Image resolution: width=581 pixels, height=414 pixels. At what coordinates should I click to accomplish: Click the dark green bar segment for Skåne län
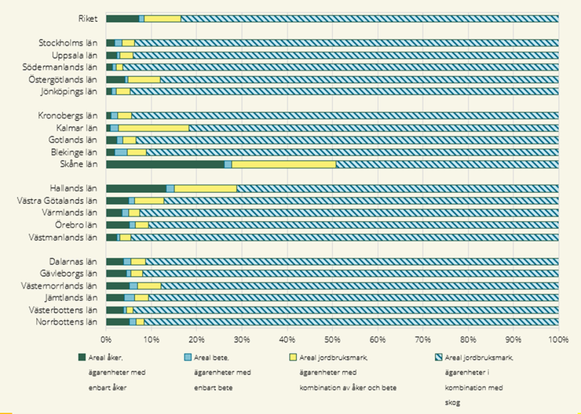point(165,165)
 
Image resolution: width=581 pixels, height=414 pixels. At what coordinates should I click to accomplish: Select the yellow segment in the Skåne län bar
point(284,165)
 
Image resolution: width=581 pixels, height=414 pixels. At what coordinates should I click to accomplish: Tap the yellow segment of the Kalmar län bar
point(153,128)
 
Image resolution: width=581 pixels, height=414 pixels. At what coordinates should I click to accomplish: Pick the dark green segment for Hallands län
point(137,189)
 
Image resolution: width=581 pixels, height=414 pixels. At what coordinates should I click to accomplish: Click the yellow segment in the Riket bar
point(163,19)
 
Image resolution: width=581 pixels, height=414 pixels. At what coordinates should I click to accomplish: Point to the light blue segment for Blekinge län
point(121,152)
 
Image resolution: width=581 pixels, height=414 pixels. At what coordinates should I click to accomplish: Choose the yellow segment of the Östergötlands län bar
point(144,79)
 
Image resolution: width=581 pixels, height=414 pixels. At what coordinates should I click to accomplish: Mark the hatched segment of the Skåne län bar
point(448,165)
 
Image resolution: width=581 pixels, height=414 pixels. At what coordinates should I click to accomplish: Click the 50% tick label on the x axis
point(332,340)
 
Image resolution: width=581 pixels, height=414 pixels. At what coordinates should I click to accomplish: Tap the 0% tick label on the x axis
point(106,340)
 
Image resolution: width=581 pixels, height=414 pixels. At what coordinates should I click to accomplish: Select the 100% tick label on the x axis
point(559,340)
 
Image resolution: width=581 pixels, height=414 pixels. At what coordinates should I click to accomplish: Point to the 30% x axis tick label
point(242,340)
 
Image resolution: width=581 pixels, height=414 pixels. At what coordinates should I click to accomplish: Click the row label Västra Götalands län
point(57,201)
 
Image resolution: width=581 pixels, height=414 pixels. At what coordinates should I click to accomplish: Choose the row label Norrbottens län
point(67,322)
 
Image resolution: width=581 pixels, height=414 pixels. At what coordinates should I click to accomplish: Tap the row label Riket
point(88,19)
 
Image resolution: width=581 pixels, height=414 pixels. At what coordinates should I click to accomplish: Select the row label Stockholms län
point(68,43)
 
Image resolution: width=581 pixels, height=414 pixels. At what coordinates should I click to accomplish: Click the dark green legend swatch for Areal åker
point(82,358)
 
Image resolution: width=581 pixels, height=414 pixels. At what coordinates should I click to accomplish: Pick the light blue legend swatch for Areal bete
point(188,358)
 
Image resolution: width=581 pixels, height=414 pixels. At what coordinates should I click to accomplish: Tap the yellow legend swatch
point(293,358)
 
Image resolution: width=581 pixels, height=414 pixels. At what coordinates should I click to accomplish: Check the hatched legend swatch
point(438,358)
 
